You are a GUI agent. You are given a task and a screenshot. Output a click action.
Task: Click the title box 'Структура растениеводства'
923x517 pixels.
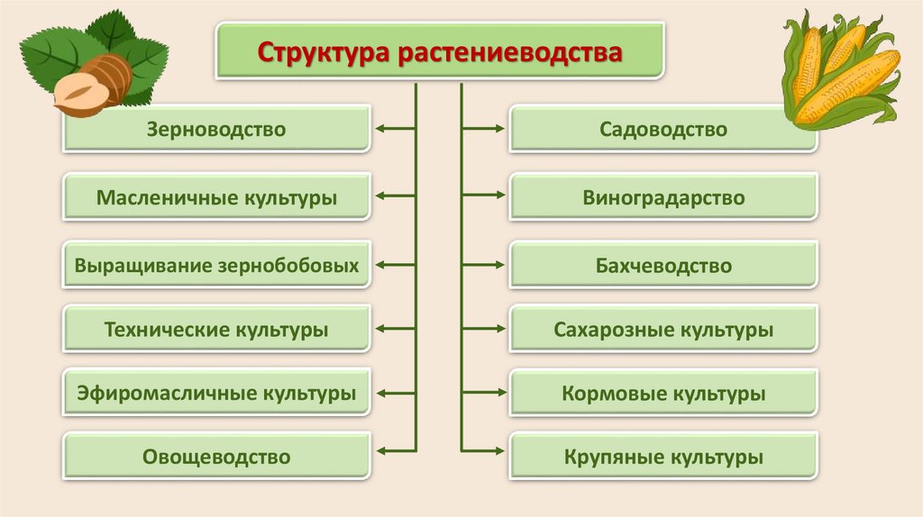coord(439,50)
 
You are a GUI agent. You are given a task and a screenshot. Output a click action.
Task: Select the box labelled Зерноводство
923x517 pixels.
coord(216,130)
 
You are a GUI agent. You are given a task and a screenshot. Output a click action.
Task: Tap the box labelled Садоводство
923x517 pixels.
coord(663,130)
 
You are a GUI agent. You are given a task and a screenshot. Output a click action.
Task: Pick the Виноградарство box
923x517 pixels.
coord(663,198)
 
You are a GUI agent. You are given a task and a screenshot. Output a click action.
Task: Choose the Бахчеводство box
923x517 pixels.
coord(663,267)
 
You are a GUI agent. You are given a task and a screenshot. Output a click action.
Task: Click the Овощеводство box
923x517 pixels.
coord(216,458)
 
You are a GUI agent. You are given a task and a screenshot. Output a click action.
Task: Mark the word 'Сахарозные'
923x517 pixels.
coord(608,331)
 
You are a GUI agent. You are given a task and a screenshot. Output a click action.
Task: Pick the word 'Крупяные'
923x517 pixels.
coord(606,458)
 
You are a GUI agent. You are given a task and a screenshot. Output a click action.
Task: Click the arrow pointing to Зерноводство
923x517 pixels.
coord(395,130)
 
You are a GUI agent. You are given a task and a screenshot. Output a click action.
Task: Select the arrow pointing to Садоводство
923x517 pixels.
coord(484,130)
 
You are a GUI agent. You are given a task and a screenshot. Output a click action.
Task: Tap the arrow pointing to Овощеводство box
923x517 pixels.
coord(395,449)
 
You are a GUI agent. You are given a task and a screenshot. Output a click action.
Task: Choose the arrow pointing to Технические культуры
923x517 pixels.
coord(395,330)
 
